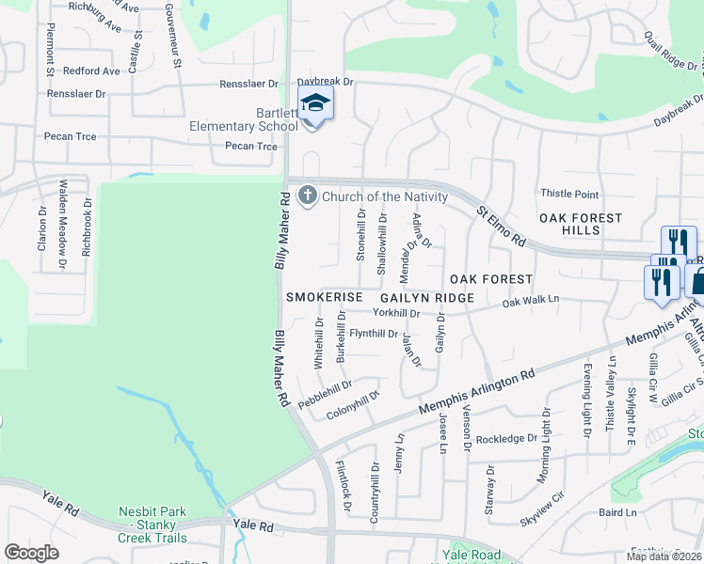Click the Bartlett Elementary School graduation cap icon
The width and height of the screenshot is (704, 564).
[316, 105]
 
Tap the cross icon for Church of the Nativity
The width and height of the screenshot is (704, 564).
[307, 196]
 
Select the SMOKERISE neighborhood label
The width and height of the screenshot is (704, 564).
[325, 297]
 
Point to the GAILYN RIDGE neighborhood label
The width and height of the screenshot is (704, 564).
[427, 297]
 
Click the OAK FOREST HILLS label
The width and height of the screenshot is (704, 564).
[581, 224]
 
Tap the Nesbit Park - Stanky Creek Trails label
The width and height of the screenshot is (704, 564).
[152, 525]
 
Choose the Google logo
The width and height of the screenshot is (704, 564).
[31, 553]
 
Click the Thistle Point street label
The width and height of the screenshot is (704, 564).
[569, 195]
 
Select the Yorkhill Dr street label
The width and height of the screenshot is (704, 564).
[395, 313]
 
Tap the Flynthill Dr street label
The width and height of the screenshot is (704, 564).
[374, 334]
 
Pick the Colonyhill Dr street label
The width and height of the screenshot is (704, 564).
[352, 405]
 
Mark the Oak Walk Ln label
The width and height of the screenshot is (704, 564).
[531, 301]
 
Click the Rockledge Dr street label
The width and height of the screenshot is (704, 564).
[505, 439]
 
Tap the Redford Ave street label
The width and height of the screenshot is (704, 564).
[91, 70]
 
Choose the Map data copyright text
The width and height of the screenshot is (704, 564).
[664, 556]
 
